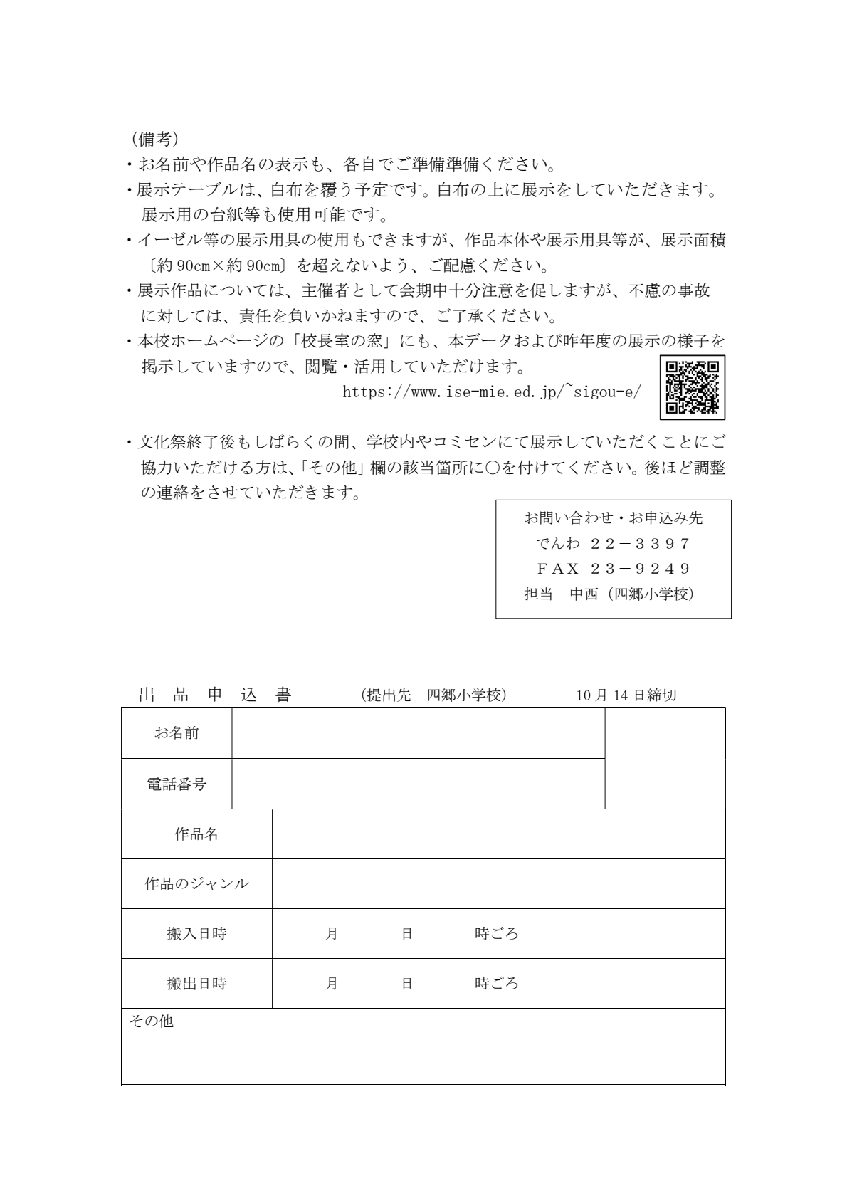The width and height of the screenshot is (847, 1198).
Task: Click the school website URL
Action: click(x=492, y=392)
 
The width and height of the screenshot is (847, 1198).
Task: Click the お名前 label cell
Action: click(x=177, y=732)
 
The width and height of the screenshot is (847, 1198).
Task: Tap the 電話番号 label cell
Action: click(x=177, y=784)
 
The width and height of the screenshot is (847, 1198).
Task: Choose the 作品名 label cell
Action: click(x=196, y=834)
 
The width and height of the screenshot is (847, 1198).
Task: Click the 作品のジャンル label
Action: click(x=196, y=883)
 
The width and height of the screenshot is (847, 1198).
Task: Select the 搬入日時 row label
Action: click(x=196, y=933)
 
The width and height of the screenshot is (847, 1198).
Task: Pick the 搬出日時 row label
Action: click(x=196, y=983)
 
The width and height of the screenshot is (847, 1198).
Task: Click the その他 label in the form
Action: click(x=151, y=1021)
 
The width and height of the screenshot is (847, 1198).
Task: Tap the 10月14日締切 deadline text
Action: click(x=626, y=695)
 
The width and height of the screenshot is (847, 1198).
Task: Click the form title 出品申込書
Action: click(x=215, y=695)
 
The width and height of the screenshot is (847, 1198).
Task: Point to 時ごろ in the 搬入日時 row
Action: click(x=496, y=933)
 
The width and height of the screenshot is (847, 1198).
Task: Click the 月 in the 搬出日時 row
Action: click(x=331, y=983)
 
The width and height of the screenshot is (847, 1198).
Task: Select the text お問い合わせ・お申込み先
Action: click(x=613, y=518)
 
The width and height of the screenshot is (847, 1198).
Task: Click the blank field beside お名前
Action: click(x=418, y=732)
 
